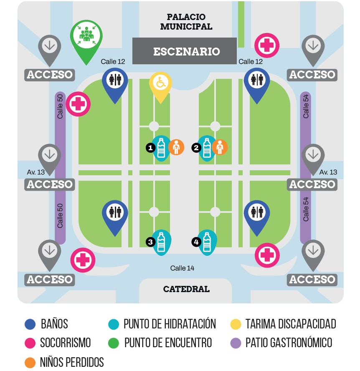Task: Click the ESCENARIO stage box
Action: click(x=184, y=51)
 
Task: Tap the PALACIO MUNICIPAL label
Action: click(x=186, y=22)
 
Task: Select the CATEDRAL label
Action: click(x=186, y=289)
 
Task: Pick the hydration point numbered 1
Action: click(x=161, y=147)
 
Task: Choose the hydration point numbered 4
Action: click(x=207, y=242)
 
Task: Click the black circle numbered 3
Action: click(x=150, y=242)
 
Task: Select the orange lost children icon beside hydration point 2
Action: click(x=220, y=147)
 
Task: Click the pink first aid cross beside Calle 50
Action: click(x=78, y=104)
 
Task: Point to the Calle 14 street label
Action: click(x=182, y=268)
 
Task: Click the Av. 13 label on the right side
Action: click(x=328, y=172)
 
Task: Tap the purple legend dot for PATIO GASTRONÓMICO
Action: click(x=236, y=343)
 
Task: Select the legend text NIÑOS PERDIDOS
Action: click(x=72, y=362)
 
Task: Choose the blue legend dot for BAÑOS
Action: click(x=30, y=324)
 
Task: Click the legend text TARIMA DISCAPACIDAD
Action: click(x=291, y=324)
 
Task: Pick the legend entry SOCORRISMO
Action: click(x=65, y=343)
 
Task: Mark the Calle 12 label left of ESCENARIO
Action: click(x=113, y=62)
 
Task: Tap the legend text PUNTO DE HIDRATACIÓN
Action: click(x=170, y=324)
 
